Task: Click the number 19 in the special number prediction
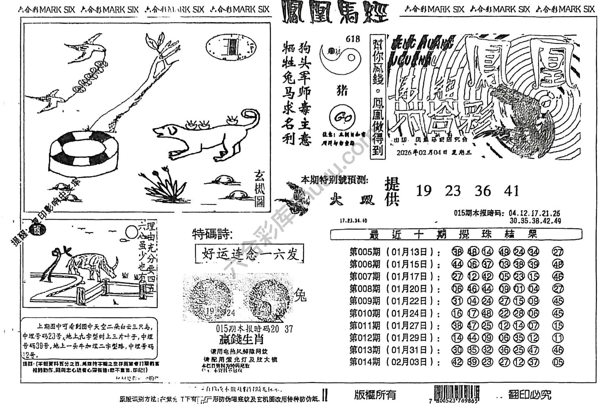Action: pos(423,191)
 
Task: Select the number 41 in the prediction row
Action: pos(511,191)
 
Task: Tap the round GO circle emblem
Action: pos(342,118)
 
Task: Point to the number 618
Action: pos(353,39)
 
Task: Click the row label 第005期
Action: pos(365,252)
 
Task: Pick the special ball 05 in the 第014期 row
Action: pos(558,362)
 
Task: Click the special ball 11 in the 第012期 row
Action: pos(558,338)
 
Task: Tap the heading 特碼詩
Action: pos(212,234)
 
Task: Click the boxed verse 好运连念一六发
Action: pos(249,254)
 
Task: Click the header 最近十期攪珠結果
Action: pos(456,234)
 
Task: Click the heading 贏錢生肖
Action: pos(241,340)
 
